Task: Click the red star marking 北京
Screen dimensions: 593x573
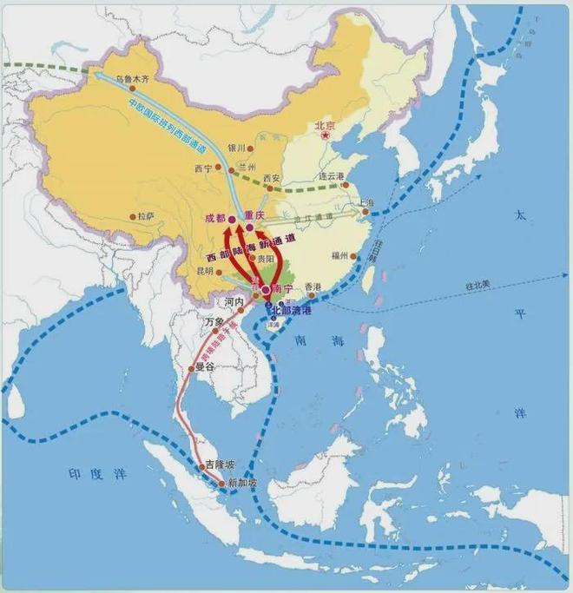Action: pos(326,136)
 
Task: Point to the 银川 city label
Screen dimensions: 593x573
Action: pos(234,148)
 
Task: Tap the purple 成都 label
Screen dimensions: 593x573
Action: pos(214,218)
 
